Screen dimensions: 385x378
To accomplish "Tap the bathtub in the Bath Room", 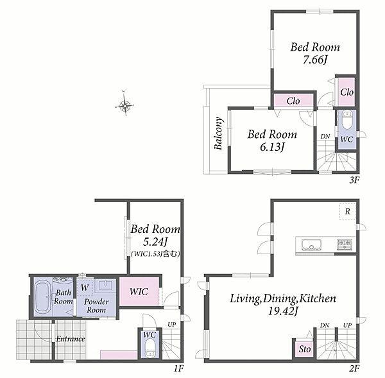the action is (43, 297).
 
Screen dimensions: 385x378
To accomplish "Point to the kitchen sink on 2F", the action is (311, 245).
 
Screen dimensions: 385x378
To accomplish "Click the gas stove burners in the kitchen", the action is (345, 244).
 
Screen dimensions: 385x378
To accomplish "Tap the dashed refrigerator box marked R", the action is (347, 211).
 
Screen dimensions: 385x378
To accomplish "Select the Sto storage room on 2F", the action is (304, 349).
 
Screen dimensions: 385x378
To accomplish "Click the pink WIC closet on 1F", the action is (139, 291).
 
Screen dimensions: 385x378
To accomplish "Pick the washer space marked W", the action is (85, 287).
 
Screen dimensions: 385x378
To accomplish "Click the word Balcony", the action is (219, 133).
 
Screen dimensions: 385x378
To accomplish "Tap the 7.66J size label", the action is (315, 60).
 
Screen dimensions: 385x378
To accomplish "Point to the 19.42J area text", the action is (283, 311).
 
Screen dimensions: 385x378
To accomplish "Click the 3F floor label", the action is (354, 180).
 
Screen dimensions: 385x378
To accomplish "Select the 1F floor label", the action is (178, 368).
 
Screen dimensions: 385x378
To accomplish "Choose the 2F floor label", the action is (354, 368).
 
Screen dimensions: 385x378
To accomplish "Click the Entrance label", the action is (71, 339).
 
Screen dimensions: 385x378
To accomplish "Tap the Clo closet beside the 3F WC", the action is (346, 92).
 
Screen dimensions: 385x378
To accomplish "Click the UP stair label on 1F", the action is (171, 325).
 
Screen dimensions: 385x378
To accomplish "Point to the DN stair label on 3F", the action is (325, 136).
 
